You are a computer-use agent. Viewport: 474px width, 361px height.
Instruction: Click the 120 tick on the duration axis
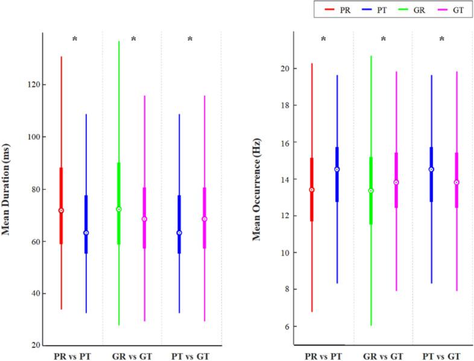point(29,85)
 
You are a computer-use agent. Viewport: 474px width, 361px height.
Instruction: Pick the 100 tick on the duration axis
point(29,137)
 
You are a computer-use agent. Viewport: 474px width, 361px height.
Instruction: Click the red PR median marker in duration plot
point(61,211)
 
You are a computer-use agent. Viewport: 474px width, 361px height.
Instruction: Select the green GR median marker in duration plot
point(119,209)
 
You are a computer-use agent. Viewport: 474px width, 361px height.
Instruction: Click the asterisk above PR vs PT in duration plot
point(75,40)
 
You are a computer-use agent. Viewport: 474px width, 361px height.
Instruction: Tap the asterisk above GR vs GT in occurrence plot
point(383,40)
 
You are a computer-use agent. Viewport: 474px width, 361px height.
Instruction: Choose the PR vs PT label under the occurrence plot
point(324,356)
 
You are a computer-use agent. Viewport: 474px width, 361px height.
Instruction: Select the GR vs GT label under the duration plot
point(132,356)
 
